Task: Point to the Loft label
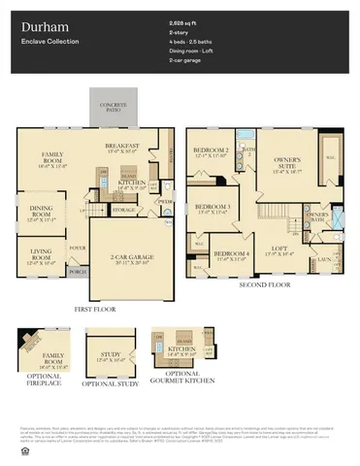click(291, 248)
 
